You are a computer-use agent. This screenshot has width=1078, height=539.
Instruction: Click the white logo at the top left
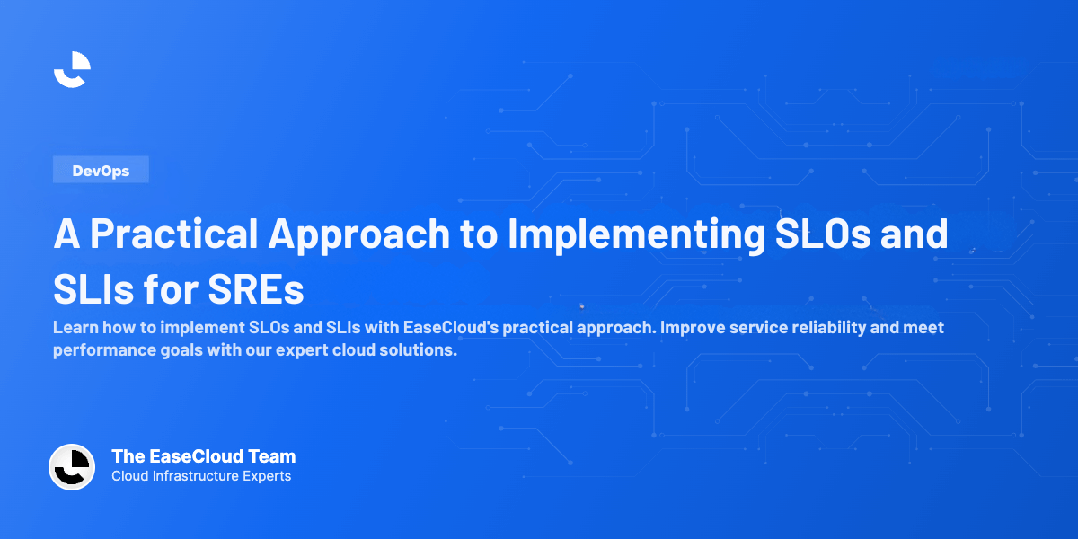click(x=72, y=70)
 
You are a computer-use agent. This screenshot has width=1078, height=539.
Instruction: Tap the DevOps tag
click(x=101, y=171)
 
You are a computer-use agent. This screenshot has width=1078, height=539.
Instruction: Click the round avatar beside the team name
click(x=72, y=467)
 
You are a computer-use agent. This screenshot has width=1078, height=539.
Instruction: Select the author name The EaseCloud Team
click(x=203, y=456)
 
